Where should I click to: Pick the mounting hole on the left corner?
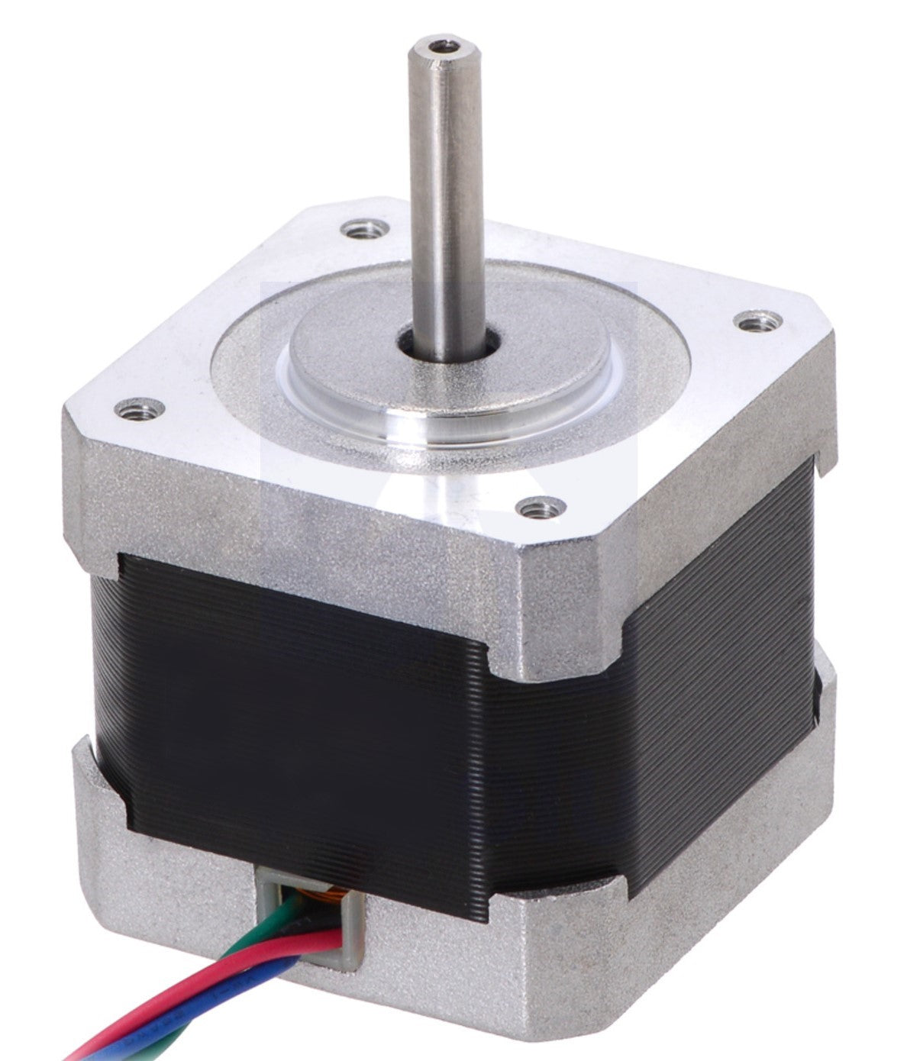(140, 410)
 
